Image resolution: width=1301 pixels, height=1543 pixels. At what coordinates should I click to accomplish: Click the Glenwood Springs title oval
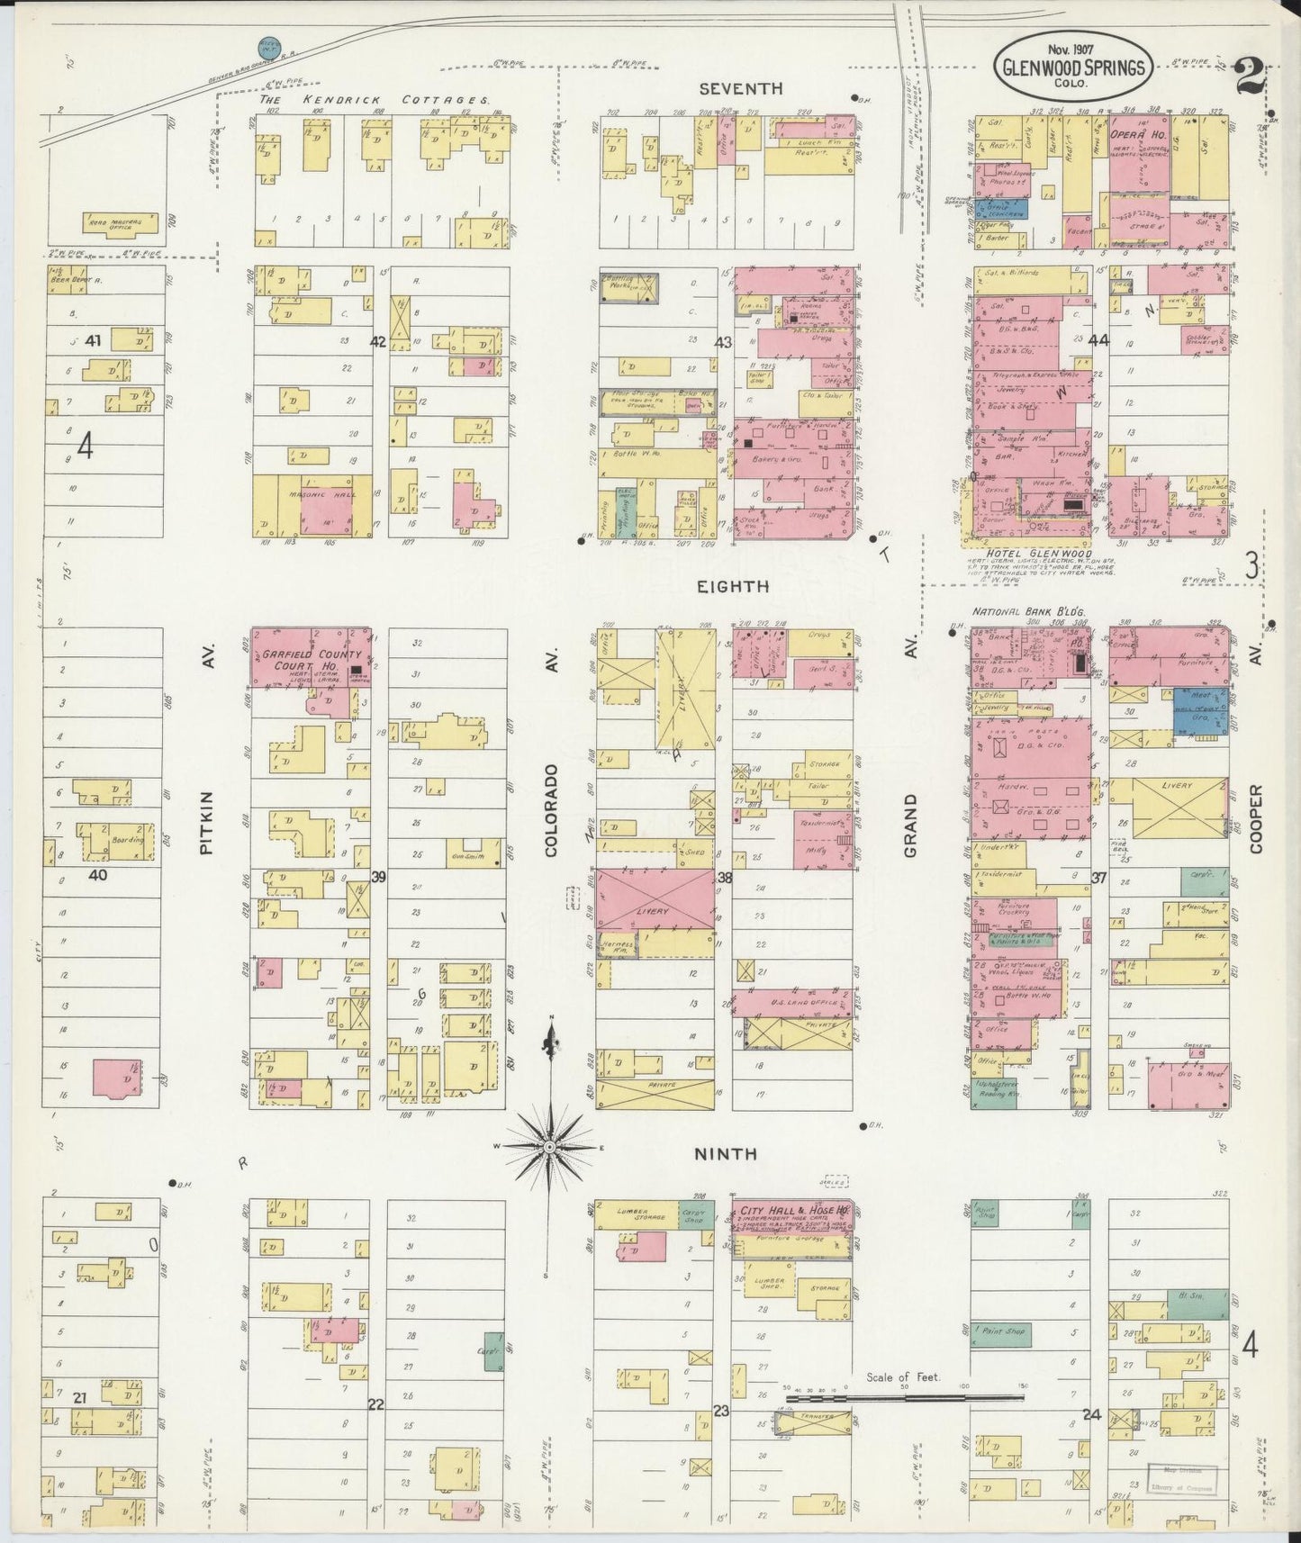point(1072,67)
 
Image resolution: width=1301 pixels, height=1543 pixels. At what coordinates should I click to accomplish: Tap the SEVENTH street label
point(741,88)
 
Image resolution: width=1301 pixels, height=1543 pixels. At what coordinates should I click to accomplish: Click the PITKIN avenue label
point(207,821)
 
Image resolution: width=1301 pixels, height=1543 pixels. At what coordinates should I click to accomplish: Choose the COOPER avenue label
point(1256,818)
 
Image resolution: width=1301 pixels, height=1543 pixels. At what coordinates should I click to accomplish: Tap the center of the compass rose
point(548,1146)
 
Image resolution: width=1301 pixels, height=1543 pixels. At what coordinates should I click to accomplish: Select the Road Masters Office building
point(121,222)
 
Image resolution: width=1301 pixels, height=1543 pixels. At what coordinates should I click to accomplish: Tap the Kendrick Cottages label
point(374,101)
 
